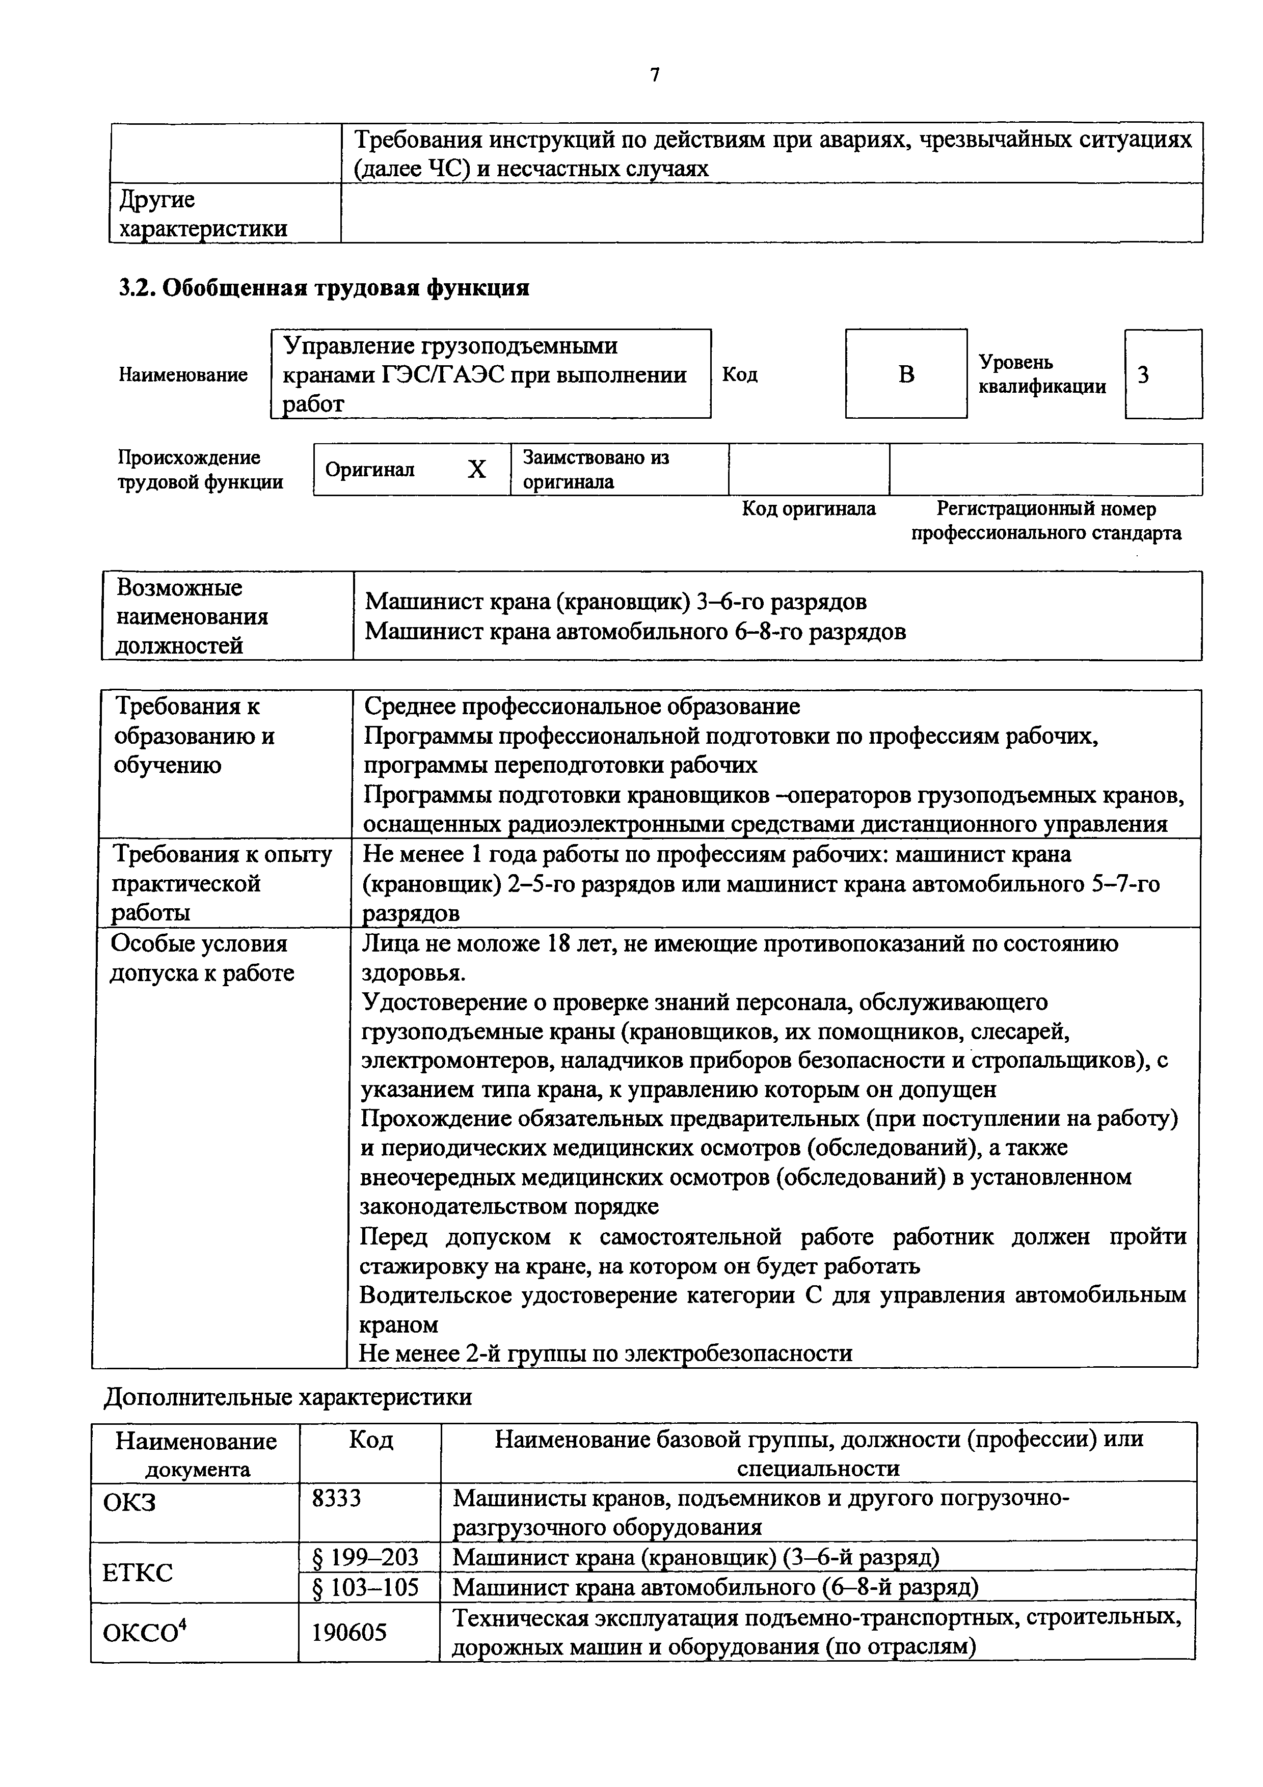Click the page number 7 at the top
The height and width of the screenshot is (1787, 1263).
655,75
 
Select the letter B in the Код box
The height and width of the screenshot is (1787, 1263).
906,375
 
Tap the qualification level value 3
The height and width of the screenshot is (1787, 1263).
1143,375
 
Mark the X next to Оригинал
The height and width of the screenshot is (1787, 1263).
476,469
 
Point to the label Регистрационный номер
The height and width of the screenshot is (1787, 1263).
1046,509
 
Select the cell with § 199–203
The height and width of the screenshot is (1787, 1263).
365,1557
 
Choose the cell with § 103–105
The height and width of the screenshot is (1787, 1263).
365,1587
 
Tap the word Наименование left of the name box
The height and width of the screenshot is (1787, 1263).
183,375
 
